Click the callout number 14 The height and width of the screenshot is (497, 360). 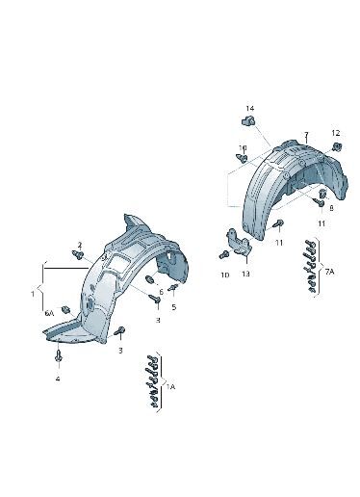(x=250, y=108)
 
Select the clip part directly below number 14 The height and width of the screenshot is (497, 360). (x=248, y=120)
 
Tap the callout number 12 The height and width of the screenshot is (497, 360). (x=336, y=133)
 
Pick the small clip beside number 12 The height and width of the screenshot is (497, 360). (x=337, y=146)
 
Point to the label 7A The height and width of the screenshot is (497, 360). (x=329, y=272)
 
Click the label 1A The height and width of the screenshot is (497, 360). (x=170, y=387)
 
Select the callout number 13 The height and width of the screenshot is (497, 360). (x=245, y=274)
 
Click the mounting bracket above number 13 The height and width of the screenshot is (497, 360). (x=238, y=242)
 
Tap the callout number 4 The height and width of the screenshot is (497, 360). (x=58, y=379)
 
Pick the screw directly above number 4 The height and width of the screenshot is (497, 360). (x=58, y=355)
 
